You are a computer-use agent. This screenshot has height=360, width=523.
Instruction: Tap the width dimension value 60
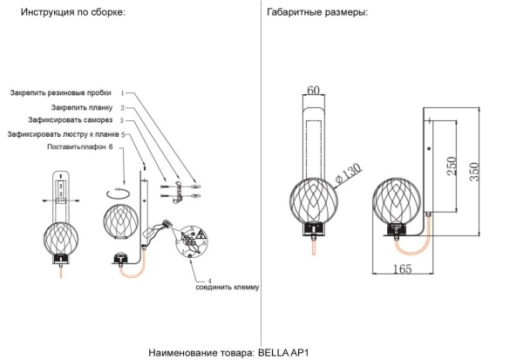[x=314, y=89]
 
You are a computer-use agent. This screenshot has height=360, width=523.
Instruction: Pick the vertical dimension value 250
[x=451, y=166]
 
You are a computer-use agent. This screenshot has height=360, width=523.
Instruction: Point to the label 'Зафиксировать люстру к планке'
[x=62, y=135]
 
